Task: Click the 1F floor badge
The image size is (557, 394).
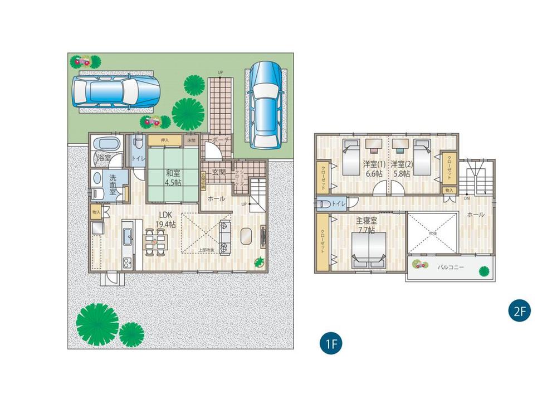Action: pyautogui.click(x=330, y=343)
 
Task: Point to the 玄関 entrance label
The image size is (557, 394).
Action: pyautogui.click(x=219, y=172)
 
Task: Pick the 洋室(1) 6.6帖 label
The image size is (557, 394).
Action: pyautogui.click(x=373, y=168)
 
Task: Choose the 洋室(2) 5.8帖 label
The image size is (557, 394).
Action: pyautogui.click(x=400, y=168)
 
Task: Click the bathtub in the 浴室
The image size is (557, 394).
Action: pyautogui.click(x=105, y=143)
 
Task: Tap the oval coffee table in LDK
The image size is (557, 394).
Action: pyautogui.click(x=246, y=236)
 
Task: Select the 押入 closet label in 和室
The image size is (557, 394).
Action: pyautogui.click(x=164, y=140)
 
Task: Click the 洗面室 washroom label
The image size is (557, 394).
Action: pyautogui.click(x=113, y=183)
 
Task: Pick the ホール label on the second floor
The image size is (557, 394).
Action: pyautogui.click(x=475, y=214)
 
